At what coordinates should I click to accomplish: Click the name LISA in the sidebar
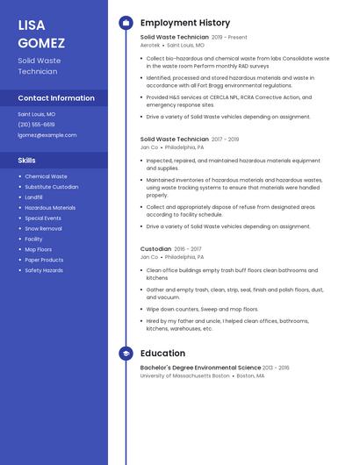click(x=32, y=25)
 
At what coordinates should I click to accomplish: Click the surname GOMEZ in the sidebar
click(x=41, y=43)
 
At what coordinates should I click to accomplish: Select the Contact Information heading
click(x=56, y=98)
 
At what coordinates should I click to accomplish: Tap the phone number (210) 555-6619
click(x=36, y=125)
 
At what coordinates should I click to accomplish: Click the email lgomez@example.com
click(x=47, y=135)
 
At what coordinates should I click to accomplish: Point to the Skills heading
click(x=27, y=161)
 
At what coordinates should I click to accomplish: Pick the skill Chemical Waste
click(x=46, y=176)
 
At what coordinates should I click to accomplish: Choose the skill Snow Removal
click(x=43, y=228)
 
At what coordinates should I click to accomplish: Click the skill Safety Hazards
click(x=44, y=270)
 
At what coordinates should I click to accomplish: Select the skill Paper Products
click(x=44, y=260)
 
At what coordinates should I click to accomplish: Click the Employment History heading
click(x=185, y=23)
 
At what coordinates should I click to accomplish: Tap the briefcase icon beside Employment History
click(x=126, y=23)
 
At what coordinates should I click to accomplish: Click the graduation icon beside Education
click(x=126, y=354)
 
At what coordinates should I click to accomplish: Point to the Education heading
click(x=162, y=354)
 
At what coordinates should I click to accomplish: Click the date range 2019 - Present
click(x=229, y=38)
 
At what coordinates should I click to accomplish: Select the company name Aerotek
click(x=150, y=45)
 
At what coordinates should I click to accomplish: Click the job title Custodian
click(x=155, y=249)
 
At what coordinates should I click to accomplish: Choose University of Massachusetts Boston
click(x=184, y=376)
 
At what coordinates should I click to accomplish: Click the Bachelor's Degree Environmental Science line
click(x=200, y=368)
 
